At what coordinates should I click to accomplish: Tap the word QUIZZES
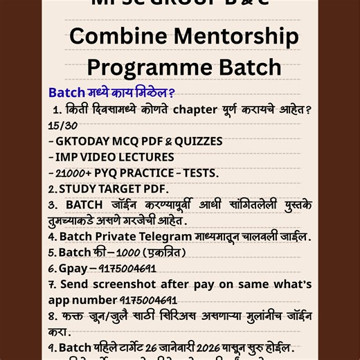199,141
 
